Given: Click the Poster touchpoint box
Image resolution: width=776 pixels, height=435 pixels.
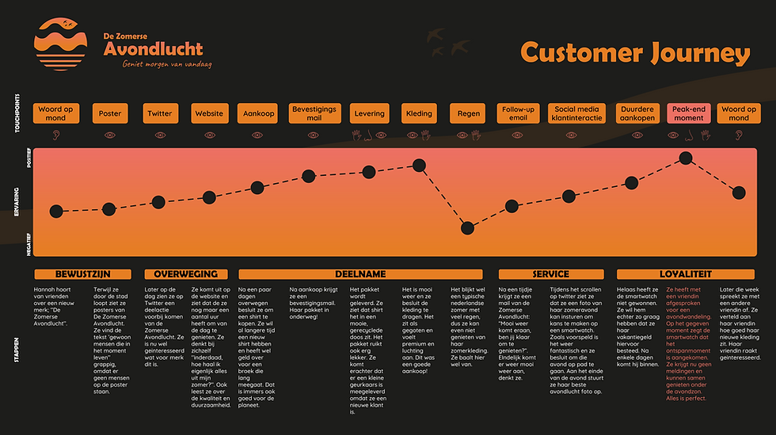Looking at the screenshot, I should (x=110, y=113).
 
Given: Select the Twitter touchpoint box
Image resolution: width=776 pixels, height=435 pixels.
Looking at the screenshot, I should (x=159, y=113).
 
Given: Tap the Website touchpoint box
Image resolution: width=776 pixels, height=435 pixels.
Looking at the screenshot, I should (x=209, y=113).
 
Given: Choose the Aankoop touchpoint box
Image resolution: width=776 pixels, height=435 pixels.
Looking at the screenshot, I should (x=259, y=113).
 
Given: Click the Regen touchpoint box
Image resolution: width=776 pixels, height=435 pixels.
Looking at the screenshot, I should (x=469, y=113).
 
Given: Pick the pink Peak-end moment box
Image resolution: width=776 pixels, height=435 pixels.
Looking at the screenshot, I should (x=688, y=113).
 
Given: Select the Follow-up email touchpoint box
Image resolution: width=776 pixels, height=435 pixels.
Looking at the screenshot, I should (x=518, y=113).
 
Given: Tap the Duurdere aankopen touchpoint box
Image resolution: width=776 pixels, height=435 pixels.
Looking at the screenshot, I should (x=637, y=113).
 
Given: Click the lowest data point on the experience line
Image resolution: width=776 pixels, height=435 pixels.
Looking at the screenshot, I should (x=467, y=228).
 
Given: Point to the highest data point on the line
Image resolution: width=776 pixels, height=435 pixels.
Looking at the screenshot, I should (x=687, y=158).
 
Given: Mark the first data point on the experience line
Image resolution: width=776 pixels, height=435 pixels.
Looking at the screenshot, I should (x=55, y=211).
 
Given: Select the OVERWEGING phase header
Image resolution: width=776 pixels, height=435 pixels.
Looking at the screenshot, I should (x=185, y=274).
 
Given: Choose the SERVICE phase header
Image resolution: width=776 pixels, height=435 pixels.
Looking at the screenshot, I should (x=551, y=274).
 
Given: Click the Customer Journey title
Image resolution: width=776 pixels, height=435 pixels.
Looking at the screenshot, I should (x=635, y=53).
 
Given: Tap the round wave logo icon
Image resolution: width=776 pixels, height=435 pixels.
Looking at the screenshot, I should (x=63, y=44).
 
